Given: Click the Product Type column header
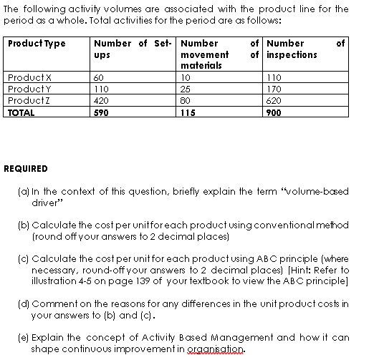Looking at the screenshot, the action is coord(37,44).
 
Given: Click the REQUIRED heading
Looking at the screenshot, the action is coord(26,169).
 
